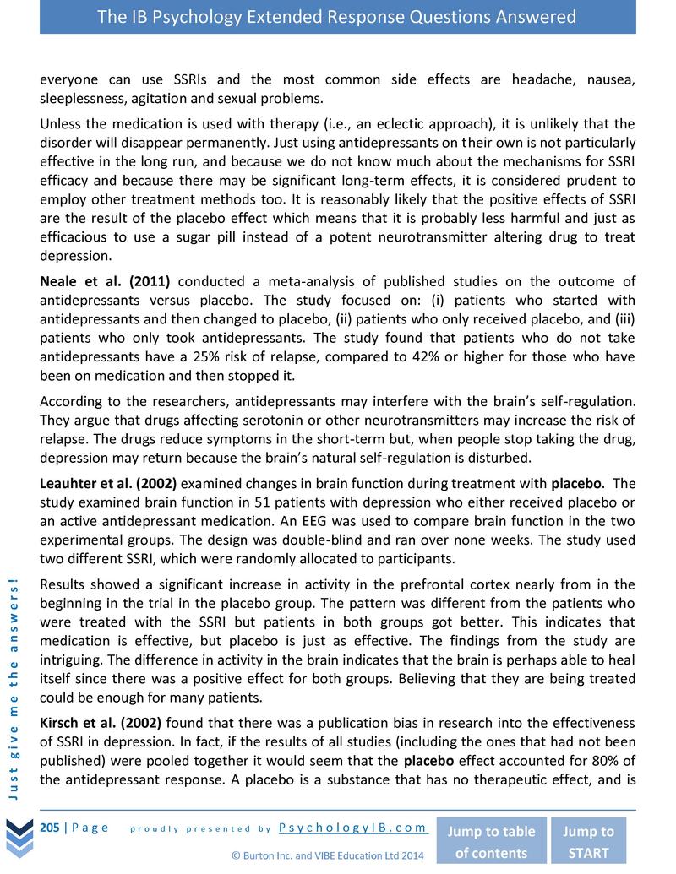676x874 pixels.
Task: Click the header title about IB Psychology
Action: [x=337, y=17]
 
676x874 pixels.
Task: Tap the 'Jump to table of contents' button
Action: [x=491, y=841]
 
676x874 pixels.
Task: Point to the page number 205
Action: [x=51, y=827]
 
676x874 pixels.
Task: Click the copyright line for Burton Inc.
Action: [x=328, y=855]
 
